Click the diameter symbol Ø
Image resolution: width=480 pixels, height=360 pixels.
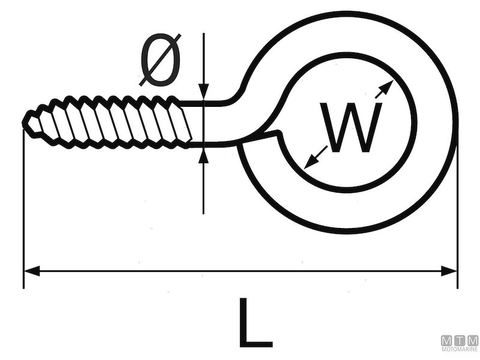point(160,60)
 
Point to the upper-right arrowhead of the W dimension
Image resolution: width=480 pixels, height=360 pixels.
point(387,86)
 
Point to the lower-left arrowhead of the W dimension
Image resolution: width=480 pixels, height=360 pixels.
point(310,163)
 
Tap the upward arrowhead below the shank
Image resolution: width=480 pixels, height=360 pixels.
point(204,154)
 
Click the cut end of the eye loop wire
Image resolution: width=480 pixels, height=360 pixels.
point(278,134)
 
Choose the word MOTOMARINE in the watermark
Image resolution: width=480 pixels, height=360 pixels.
point(460,349)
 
